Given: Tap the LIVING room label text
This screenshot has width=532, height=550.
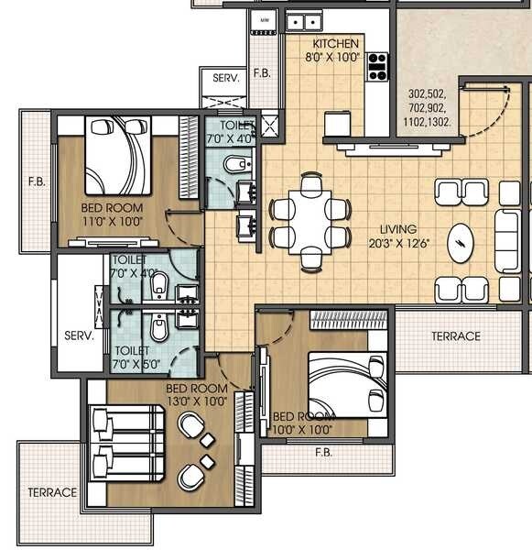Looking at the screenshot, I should click(399, 229).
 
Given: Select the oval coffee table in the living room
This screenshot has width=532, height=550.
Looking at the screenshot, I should click(459, 244).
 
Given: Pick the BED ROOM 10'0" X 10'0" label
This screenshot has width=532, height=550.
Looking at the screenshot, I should click(303, 422).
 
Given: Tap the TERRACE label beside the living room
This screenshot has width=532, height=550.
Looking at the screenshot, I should click(455, 336).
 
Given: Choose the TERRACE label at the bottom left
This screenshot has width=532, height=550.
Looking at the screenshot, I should click(51, 492).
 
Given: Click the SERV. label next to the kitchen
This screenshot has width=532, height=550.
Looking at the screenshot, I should click(225, 79).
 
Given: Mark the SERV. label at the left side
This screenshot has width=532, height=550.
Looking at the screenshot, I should click(79, 336).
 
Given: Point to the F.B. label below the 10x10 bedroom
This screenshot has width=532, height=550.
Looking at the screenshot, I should click(322, 452).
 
